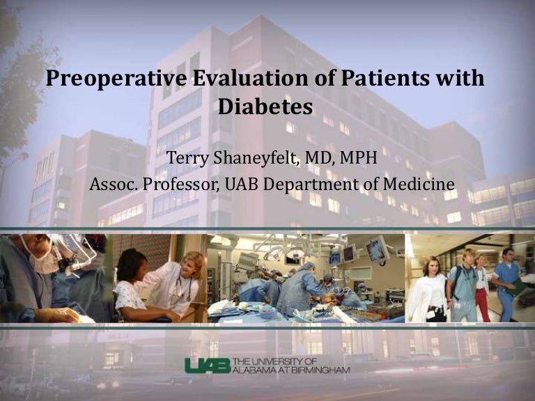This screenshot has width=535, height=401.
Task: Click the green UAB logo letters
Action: pos(208,365)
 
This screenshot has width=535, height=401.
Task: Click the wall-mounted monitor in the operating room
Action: pos(377,249)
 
